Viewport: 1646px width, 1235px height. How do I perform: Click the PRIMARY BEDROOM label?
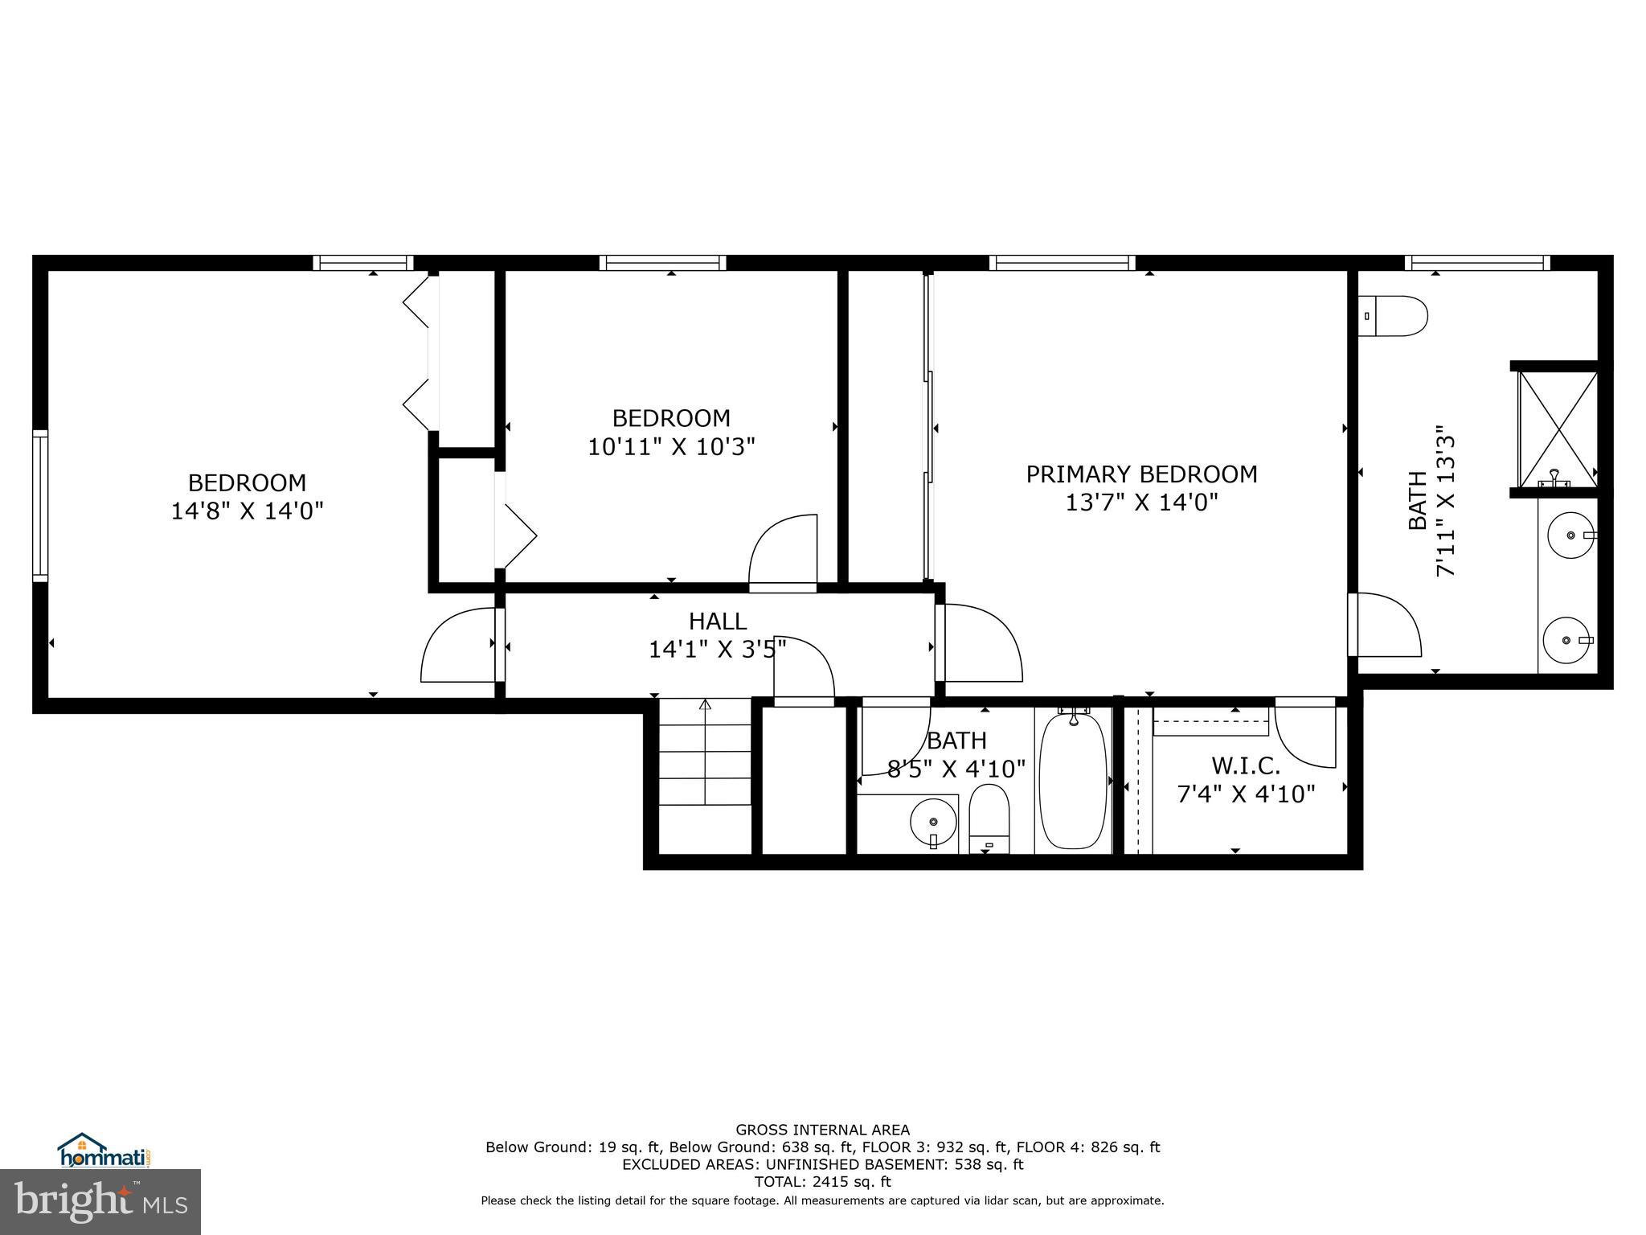pos(1141,474)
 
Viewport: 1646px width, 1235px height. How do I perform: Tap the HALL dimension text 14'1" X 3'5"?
pos(717,649)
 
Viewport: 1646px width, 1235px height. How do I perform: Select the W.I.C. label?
pos(1246,765)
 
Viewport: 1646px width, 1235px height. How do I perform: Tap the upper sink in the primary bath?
pos(1570,535)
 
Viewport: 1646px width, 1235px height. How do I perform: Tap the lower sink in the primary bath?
pos(1566,640)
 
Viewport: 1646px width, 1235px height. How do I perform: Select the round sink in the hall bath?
pos(933,822)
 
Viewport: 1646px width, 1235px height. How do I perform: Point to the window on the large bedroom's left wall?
pos(39,505)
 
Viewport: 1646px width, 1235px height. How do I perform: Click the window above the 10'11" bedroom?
pos(662,263)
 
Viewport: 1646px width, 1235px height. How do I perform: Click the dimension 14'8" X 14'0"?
pos(247,511)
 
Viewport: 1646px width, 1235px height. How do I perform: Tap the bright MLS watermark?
pos(100,1201)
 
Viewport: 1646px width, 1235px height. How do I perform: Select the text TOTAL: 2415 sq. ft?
pos(822,1182)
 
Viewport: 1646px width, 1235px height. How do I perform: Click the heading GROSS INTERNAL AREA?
pos(822,1130)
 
